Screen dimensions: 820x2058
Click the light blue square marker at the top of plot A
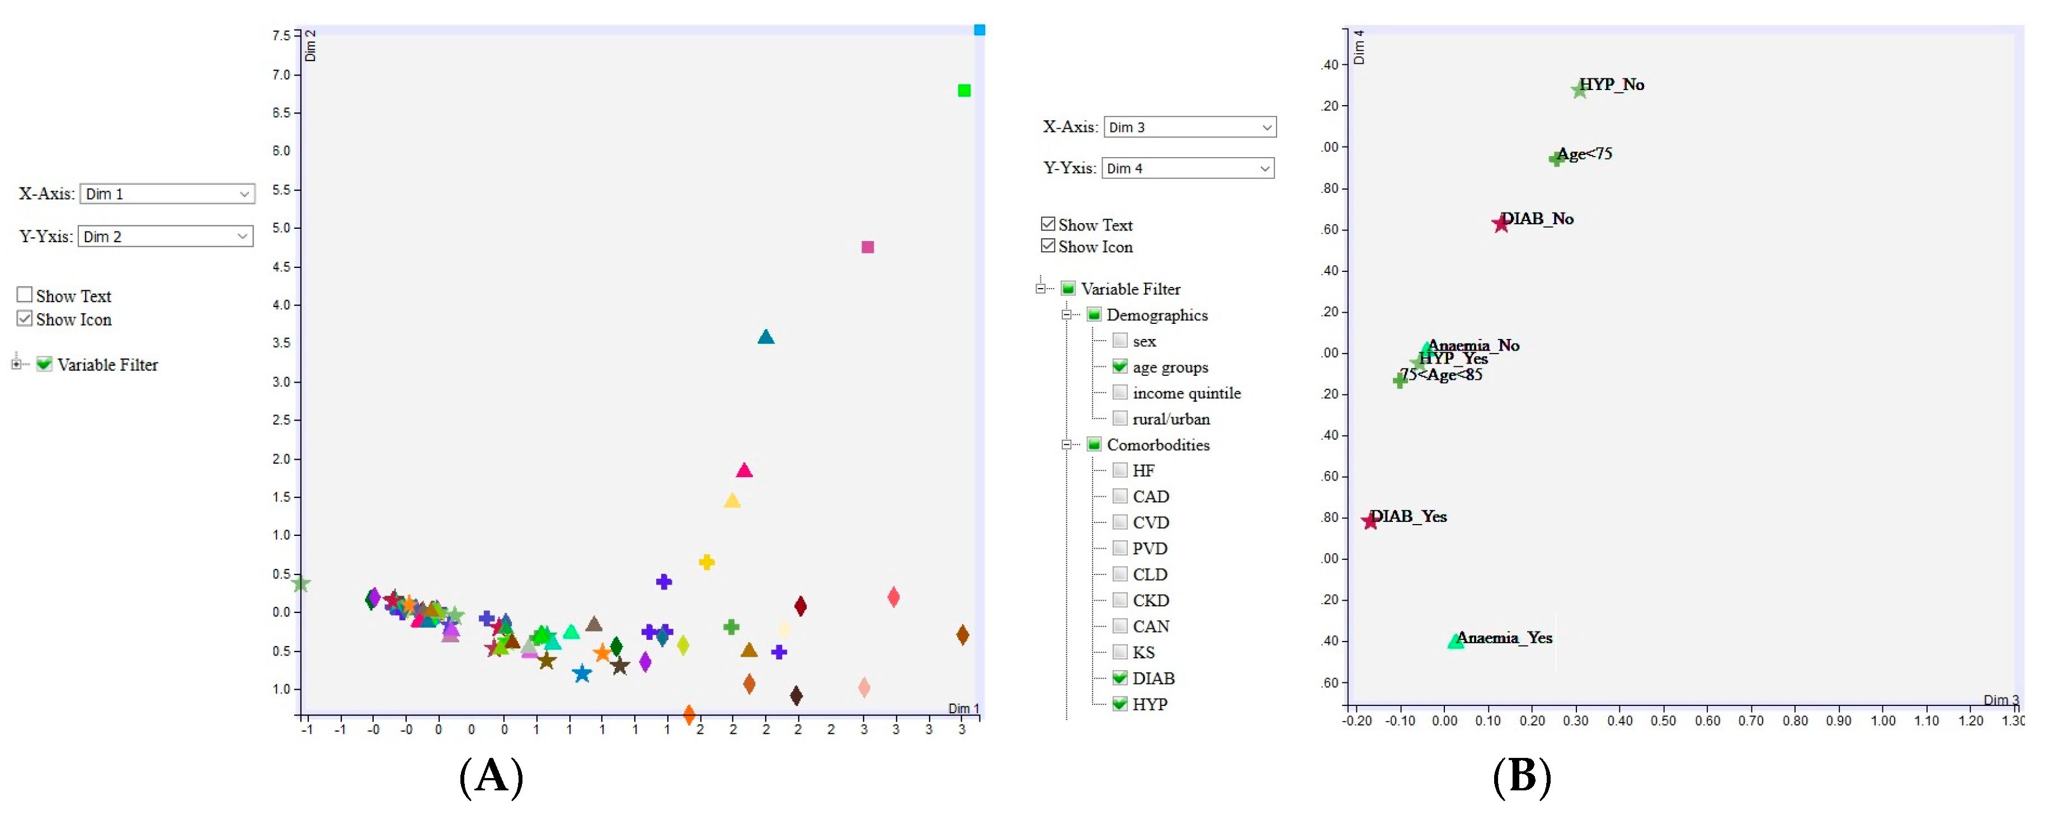click(979, 30)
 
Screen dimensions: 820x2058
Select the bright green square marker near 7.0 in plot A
click(963, 90)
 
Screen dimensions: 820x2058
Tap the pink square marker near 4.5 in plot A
click(868, 247)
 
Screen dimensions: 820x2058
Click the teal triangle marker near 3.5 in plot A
click(765, 337)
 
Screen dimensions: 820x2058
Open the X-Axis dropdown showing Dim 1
click(167, 194)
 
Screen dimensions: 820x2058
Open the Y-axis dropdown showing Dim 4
click(1187, 168)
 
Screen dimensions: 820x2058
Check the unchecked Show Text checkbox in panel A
click(25, 295)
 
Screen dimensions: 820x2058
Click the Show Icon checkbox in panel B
click(1048, 246)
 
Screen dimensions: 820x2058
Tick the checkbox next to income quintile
click(1120, 393)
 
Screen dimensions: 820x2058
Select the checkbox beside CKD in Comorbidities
click(1120, 600)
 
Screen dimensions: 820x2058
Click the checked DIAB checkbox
click(1120, 678)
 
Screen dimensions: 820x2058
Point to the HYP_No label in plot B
click(1612, 84)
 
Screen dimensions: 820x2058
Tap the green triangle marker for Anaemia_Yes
click(1456, 641)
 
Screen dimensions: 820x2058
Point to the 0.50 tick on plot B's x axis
click(1663, 721)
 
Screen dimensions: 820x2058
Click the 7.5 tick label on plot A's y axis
click(281, 36)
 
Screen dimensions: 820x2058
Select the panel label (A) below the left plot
click(491, 776)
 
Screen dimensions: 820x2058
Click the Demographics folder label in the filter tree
click(1156, 315)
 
